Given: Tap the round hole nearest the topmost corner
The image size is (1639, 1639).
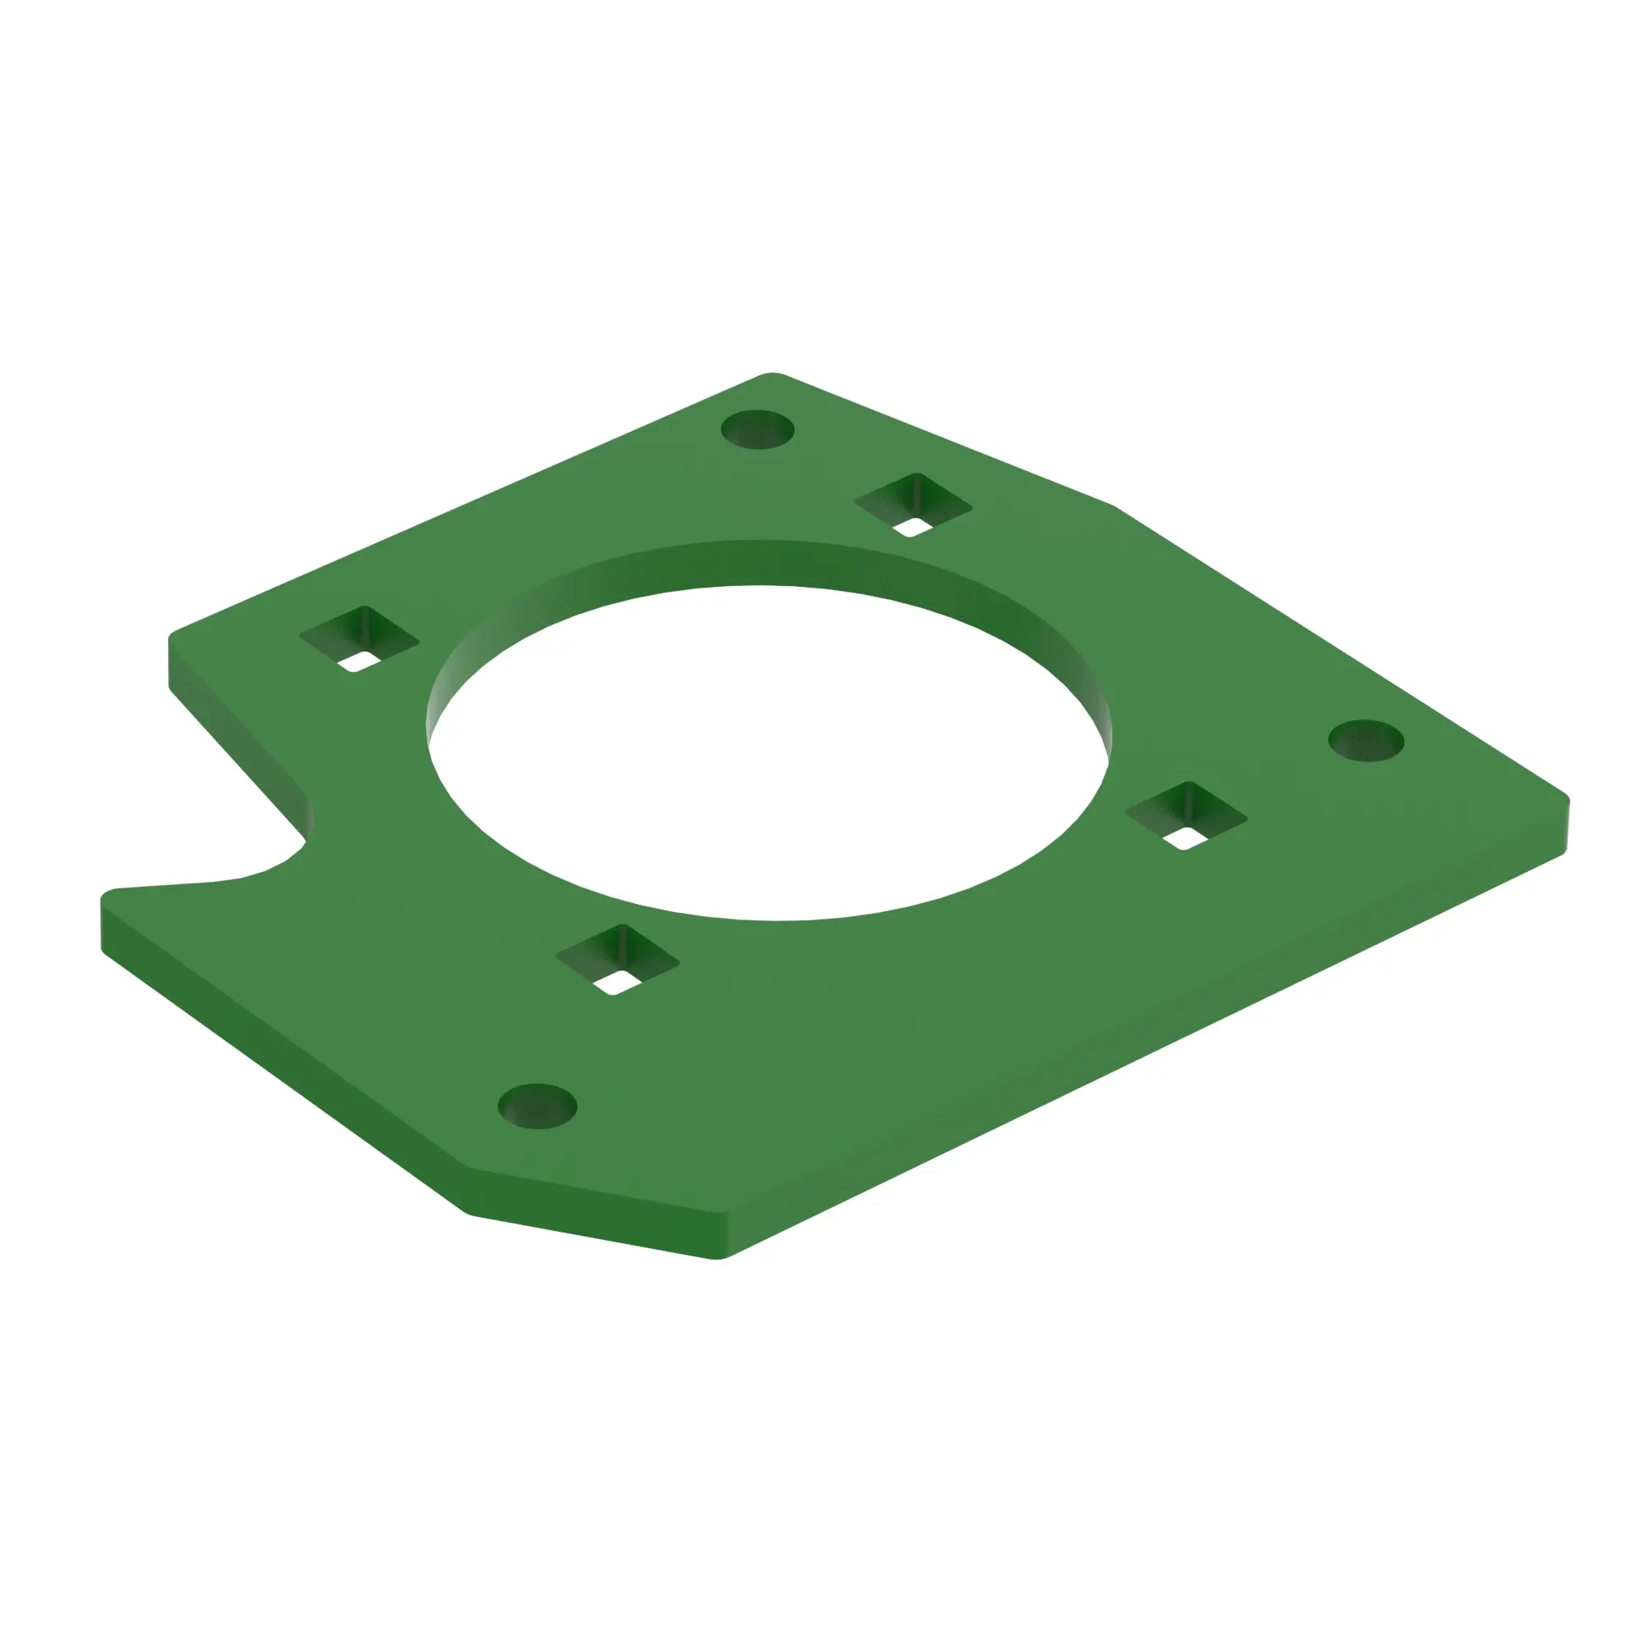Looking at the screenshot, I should (757, 429).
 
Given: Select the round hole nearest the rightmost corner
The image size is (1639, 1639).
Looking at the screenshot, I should (1366, 741).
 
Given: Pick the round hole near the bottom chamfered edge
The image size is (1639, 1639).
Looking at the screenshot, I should (537, 1106).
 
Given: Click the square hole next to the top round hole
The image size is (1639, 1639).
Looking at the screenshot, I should (913, 504).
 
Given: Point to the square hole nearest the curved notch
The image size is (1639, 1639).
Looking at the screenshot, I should (360, 639).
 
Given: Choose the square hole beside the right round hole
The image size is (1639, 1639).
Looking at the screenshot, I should (1186, 815).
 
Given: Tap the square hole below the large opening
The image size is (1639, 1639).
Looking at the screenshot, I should (618, 959).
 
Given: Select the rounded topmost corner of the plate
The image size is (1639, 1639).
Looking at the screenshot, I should (770, 375).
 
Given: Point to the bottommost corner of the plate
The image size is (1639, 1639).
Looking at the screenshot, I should (717, 1257).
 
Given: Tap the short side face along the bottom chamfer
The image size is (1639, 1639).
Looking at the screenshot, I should (594, 1214).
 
